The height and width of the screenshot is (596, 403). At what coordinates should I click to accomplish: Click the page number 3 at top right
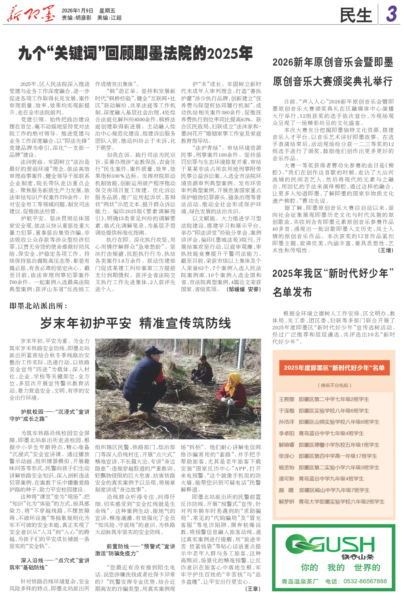[x=391, y=14]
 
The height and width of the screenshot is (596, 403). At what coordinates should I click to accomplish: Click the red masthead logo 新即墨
[x=30, y=14]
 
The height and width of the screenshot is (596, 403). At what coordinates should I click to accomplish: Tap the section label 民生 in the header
[x=356, y=15]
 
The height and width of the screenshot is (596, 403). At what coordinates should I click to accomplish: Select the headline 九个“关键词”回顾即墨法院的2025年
[x=135, y=53]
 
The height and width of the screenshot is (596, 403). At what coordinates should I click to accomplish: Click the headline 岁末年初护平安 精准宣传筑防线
[x=135, y=323]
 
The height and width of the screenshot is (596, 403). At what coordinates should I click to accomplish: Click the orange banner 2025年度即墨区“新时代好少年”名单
[x=334, y=368]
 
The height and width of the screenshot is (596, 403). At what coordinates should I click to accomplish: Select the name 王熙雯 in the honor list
[x=286, y=399]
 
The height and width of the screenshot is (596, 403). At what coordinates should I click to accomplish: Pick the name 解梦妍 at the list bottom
[x=286, y=501]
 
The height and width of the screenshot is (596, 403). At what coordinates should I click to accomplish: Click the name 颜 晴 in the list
[x=286, y=490]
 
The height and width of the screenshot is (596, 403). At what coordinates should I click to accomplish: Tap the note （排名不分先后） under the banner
[x=334, y=385]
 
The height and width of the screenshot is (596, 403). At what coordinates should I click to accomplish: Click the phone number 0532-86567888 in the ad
[x=365, y=581]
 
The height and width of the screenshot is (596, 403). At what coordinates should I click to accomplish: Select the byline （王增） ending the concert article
[x=386, y=250]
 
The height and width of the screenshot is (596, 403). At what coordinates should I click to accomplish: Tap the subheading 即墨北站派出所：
[x=38, y=306]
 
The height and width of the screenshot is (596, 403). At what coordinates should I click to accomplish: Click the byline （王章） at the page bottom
[x=252, y=589]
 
